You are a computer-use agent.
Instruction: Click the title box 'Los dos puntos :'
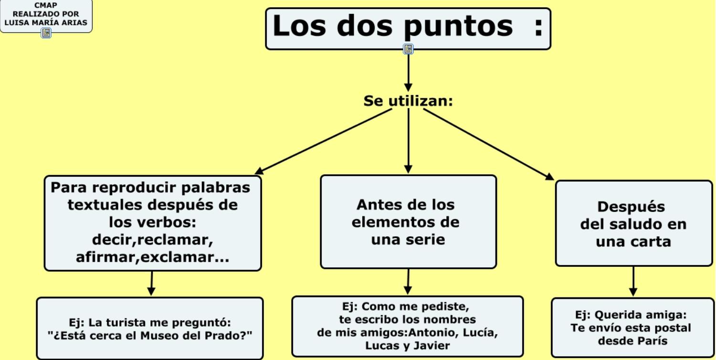click(408, 28)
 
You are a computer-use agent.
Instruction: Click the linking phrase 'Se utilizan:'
click(408, 101)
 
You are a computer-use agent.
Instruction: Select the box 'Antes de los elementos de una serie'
click(408, 222)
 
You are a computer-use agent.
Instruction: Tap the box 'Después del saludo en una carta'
click(633, 223)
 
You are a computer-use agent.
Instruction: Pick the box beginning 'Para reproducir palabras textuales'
click(153, 222)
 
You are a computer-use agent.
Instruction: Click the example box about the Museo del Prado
click(150, 328)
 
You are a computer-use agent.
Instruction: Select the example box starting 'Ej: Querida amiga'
click(632, 328)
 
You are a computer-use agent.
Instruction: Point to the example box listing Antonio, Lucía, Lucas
click(408, 326)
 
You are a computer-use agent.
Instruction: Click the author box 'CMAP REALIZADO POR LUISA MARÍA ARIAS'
click(46, 14)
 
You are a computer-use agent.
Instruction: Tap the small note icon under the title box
click(408, 49)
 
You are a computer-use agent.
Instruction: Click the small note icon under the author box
click(46, 33)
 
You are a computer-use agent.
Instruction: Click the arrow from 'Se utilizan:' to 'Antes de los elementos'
click(408, 141)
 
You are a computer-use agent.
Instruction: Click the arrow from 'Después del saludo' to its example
click(633, 282)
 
